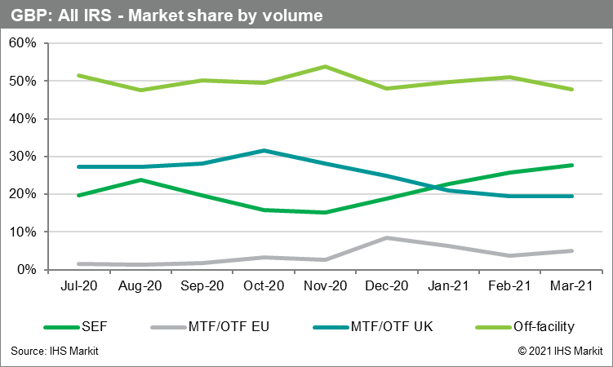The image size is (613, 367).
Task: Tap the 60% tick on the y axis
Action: [22, 43]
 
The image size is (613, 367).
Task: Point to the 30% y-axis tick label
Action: [22, 157]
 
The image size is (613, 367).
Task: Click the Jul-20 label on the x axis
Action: [78, 287]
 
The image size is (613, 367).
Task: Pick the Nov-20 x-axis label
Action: [326, 287]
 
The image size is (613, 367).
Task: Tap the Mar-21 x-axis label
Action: [572, 287]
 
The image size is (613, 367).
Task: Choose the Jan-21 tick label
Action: [449, 287]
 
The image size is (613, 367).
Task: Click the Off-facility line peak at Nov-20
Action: [326, 66]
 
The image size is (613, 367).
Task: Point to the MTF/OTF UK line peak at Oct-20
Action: [264, 150]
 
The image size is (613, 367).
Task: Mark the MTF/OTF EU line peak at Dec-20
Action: [387, 237]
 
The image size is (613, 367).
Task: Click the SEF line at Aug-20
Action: [140, 179]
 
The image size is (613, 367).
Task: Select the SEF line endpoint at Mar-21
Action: [572, 165]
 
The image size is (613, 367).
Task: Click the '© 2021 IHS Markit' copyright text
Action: [559, 351]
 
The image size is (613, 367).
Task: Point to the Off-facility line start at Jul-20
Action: [78, 75]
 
